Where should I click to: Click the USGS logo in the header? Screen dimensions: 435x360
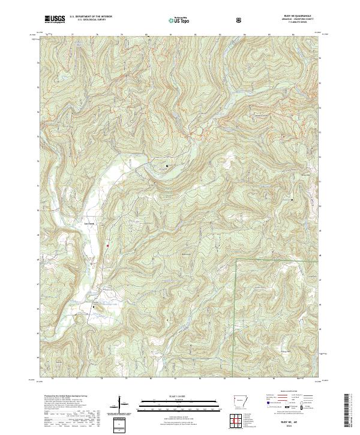tap(55, 19)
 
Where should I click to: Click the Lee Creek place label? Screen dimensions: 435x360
tap(89, 224)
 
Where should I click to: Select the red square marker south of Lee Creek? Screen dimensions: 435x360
tap(108, 245)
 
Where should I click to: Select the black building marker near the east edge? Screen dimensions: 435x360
tap(292, 199)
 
